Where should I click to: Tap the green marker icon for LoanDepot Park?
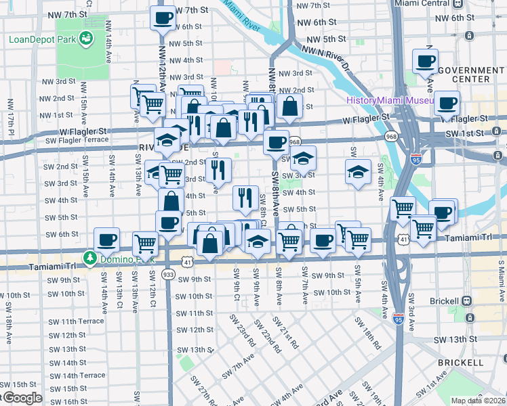click(x=86, y=39)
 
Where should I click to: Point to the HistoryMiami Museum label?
click(x=389, y=100)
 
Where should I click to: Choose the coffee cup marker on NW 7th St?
click(x=163, y=18)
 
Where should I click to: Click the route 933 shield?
click(x=168, y=274)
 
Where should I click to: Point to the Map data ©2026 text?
click(x=478, y=401)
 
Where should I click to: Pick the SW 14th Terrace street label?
click(x=78, y=375)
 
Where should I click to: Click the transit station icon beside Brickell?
click(x=466, y=300)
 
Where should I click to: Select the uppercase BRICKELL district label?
click(x=460, y=363)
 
